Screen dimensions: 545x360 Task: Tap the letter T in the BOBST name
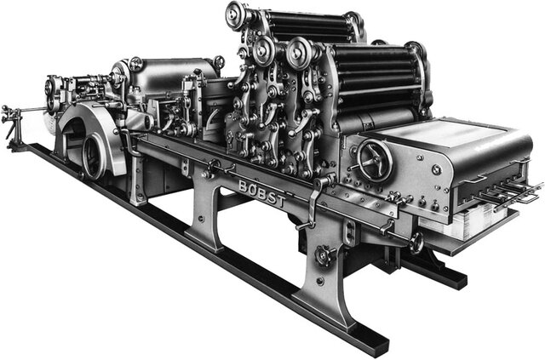pyautogui.click(x=280, y=201)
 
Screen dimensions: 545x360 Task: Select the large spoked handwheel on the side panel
pyautogui.click(x=375, y=161)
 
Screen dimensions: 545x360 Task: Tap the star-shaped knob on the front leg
pyautogui.click(x=324, y=256)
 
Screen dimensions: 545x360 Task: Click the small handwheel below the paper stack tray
pyautogui.click(x=416, y=243)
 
